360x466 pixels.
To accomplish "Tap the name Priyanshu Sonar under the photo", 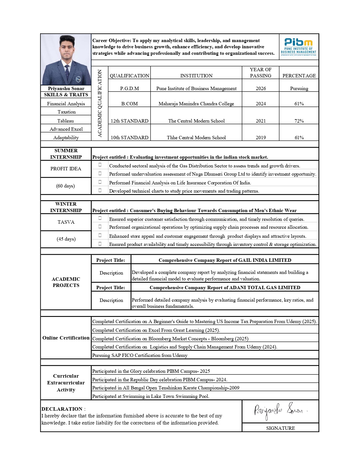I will pos(66,88).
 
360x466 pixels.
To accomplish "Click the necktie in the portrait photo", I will pos(67,72).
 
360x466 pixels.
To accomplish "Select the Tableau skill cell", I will pos(66,121).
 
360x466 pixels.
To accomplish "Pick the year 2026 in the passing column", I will pos(261,88).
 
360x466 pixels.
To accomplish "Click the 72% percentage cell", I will pos(299,121).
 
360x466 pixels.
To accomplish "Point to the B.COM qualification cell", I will pos(129,104).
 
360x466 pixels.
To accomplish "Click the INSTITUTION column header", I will pos(196,76).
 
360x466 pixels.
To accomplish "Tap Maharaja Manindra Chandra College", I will pos(196,104).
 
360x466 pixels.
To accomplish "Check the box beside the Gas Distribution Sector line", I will pos(100,165).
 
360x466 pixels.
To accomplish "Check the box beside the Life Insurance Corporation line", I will pos(100,182).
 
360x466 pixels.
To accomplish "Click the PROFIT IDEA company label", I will pos(66,169).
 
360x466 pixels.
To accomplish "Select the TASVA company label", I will pos(66,222).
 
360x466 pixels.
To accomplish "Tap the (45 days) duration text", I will pos(66,239).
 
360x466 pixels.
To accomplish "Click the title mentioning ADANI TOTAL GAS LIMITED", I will pos(225,288).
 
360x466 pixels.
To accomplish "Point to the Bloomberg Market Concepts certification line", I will pos(170,339).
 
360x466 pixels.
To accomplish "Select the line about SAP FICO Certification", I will pos(140,355).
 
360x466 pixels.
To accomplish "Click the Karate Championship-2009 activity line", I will pos(166,388).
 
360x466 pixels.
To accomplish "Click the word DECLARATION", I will pos(62,409).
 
